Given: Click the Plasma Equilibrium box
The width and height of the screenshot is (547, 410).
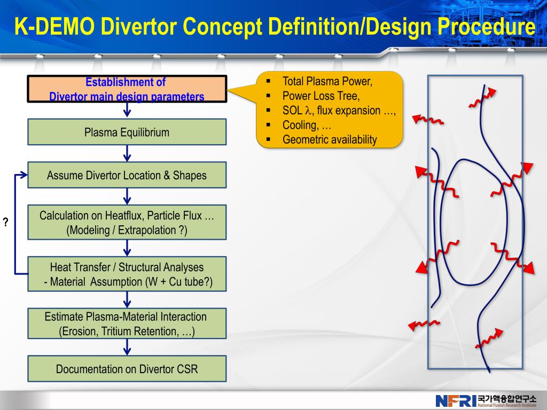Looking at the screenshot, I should pos(127,132).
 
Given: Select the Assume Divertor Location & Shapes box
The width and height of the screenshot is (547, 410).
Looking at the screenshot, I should pos(127,175).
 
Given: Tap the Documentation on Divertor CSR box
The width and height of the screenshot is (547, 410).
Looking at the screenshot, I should pos(127,369).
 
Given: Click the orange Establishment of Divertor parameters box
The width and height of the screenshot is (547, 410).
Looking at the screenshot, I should pos(127,89).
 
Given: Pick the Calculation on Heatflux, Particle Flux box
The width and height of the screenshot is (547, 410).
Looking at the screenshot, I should pos(127,223).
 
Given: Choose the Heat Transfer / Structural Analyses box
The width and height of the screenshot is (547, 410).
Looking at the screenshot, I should pos(127,274).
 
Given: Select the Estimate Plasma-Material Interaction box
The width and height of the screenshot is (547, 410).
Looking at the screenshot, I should pos(127,324).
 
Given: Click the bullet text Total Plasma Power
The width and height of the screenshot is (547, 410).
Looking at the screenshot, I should pos(327,82).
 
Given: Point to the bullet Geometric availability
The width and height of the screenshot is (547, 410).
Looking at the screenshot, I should pos(330,140).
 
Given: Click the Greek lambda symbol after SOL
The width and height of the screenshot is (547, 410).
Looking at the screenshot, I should pos(308,111).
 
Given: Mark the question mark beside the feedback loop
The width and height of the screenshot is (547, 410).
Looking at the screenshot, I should pos(6,223).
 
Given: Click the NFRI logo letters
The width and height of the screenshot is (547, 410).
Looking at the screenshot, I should pos(456,400).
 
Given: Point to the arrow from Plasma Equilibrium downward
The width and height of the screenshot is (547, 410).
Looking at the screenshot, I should pos(127,153).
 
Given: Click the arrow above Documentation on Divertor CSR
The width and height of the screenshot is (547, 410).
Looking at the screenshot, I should pos(127,348).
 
